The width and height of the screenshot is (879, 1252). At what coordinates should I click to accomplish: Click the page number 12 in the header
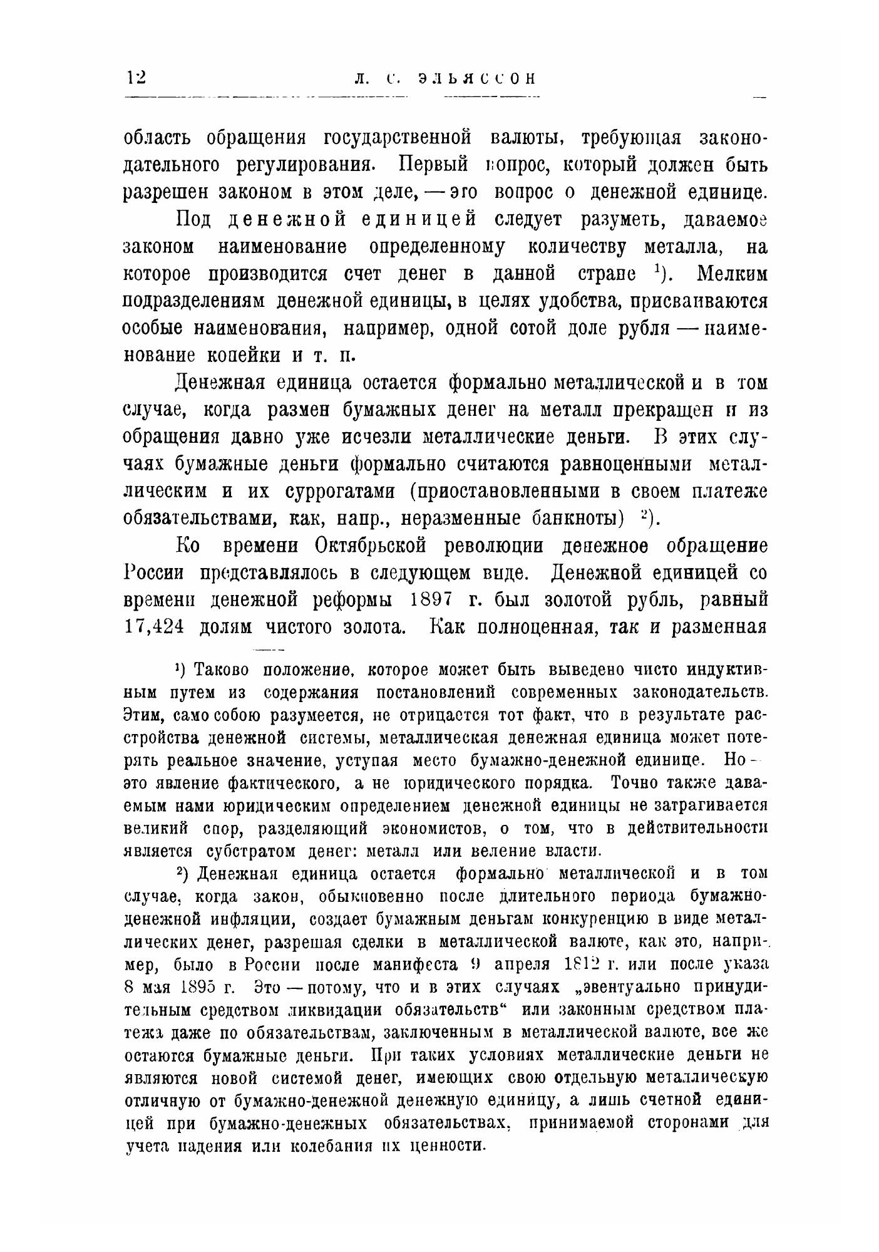[136, 78]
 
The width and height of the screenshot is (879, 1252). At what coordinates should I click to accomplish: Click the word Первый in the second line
[434, 165]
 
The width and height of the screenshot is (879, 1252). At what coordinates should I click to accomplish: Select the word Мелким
[732, 274]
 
